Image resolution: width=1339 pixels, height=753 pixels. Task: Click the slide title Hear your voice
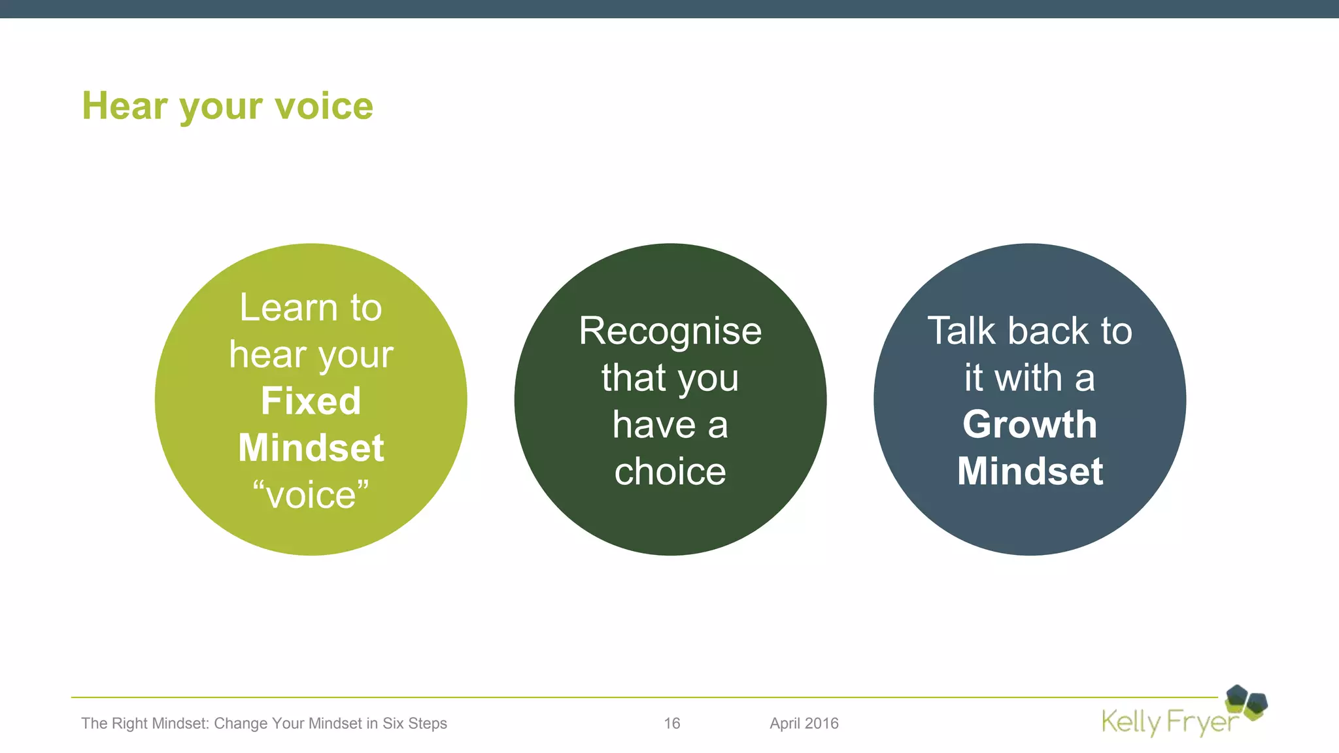click(227, 106)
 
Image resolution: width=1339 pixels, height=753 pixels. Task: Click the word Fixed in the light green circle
click(311, 401)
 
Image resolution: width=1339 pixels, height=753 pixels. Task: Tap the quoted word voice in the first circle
click(311, 495)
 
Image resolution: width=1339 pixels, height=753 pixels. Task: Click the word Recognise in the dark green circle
click(670, 331)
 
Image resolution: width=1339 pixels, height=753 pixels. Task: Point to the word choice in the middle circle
click(670, 471)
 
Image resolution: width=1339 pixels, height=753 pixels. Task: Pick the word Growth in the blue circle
click(1030, 424)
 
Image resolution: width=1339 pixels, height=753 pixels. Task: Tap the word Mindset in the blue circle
click(1030, 471)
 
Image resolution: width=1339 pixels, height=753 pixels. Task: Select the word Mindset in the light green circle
click(311, 448)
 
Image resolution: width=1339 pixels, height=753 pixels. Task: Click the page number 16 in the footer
click(671, 724)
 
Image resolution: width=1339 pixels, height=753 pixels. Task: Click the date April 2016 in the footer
click(804, 724)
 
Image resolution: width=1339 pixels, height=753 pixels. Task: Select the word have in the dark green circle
click(654, 425)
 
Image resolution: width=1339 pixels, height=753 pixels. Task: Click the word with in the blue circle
click(1028, 378)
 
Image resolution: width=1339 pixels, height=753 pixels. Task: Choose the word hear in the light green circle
click(267, 355)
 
